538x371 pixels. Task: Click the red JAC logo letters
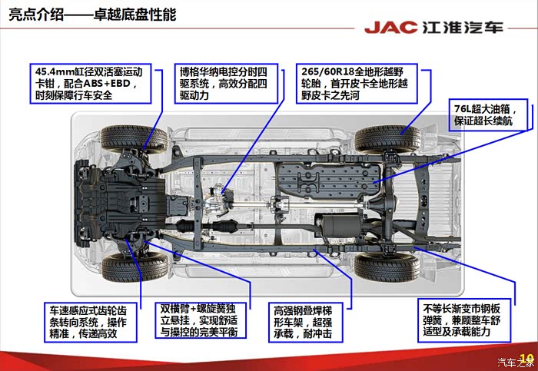tap(390, 27)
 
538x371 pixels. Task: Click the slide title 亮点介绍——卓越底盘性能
tap(92, 15)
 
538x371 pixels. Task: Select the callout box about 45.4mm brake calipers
tap(91, 83)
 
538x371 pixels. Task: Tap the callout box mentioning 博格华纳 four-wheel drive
tap(226, 83)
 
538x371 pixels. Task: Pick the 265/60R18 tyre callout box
tap(357, 83)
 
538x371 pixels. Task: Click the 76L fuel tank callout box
tap(488, 115)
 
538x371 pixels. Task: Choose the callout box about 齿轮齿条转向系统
tap(91, 322)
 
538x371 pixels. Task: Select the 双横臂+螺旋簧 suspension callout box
tap(201, 320)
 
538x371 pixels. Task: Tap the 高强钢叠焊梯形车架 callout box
tap(305, 322)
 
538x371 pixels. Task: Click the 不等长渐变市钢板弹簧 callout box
tap(464, 320)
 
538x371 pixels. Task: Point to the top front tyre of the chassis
tap(134, 138)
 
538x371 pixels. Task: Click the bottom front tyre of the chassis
tap(134, 267)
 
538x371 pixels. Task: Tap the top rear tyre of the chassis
tap(387, 138)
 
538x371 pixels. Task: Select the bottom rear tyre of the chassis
tap(387, 267)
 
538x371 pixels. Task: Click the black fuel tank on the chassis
tap(328, 181)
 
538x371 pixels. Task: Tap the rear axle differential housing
tap(378, 204)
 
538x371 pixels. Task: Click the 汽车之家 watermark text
tap(516, 362)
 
